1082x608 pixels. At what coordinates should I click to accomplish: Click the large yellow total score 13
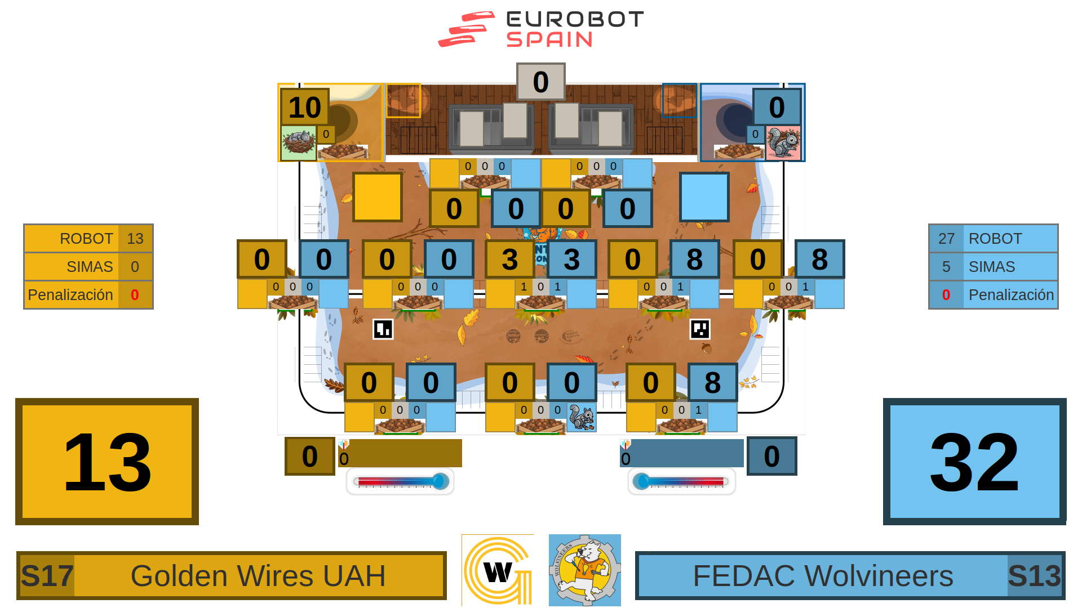coord(107,462)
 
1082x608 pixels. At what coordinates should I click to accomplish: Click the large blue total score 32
coord(974,462)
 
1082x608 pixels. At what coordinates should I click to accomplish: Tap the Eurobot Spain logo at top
coord(541,29)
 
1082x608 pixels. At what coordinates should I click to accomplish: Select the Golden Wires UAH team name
coord(258,576)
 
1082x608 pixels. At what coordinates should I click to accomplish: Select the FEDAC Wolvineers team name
coord(823,576)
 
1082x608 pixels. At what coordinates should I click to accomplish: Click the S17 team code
coord(47,576)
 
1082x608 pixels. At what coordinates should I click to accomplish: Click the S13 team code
coord(1034,576)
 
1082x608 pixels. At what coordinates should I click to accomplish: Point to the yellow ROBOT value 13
coord(135,239)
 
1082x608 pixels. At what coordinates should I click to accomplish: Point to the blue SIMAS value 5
coord(946,267)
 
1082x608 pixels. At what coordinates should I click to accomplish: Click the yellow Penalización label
coord(70,295)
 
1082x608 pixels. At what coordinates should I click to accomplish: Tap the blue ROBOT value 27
coord(946,239)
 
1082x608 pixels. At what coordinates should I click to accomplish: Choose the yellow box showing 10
coord(305,107)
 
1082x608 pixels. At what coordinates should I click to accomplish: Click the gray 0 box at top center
coord(540,82)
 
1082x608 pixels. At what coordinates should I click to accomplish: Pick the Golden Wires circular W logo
coord(498,570)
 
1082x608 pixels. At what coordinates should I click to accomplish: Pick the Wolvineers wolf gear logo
coord(584,570)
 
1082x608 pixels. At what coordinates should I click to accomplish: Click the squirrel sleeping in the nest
coord(299,142)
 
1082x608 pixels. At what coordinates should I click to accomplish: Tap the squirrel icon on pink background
coord(783,142)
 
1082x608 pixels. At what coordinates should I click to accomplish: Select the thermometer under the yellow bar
coord(400,482)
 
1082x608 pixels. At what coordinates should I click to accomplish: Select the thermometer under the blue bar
coord(681,482)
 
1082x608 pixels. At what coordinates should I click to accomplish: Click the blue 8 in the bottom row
coord(712,382)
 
